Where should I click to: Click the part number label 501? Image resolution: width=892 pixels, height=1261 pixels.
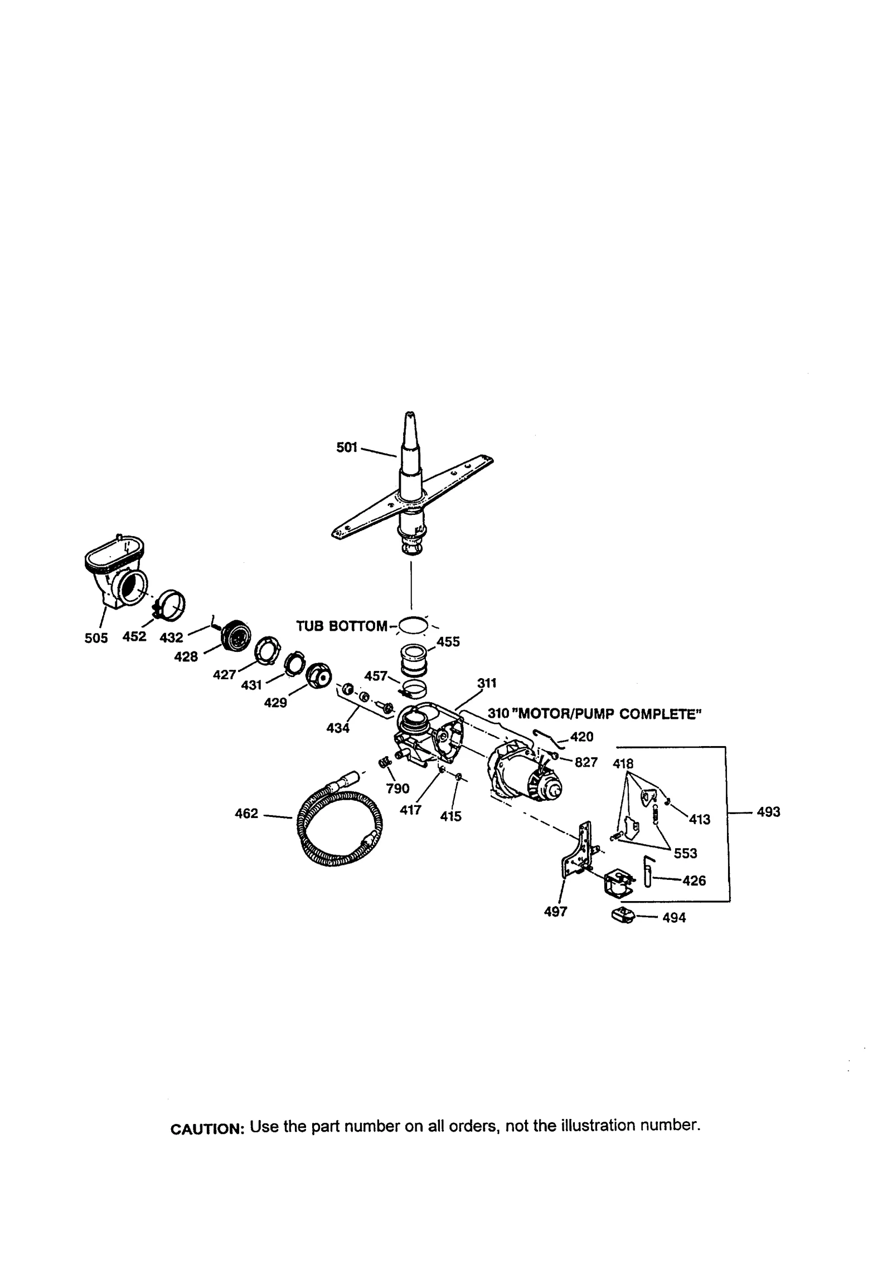coord(346,447)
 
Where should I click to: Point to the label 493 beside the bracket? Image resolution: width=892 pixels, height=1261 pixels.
coord(768,812)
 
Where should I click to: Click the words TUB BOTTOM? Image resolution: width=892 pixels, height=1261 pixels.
coord(341,626)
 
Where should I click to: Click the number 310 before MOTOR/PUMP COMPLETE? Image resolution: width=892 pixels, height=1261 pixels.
coord(498,713)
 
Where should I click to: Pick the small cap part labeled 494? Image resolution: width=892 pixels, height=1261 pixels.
coord(623,915)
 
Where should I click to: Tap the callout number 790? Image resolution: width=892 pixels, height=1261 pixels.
coord(397,788)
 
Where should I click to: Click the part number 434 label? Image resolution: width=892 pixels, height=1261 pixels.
coord(338,727)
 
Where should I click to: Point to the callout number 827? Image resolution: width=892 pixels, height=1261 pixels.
coord(586,762)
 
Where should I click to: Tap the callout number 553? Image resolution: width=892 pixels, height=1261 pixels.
coord(686,853)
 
